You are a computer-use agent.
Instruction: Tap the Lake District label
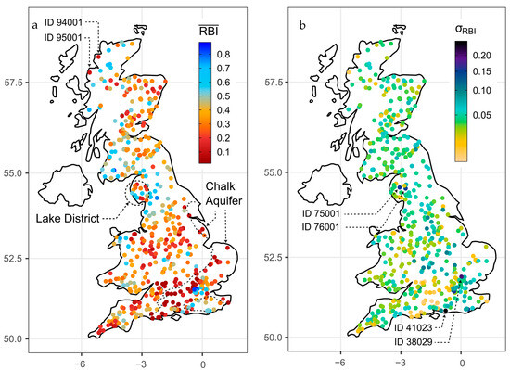click(69, 219)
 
